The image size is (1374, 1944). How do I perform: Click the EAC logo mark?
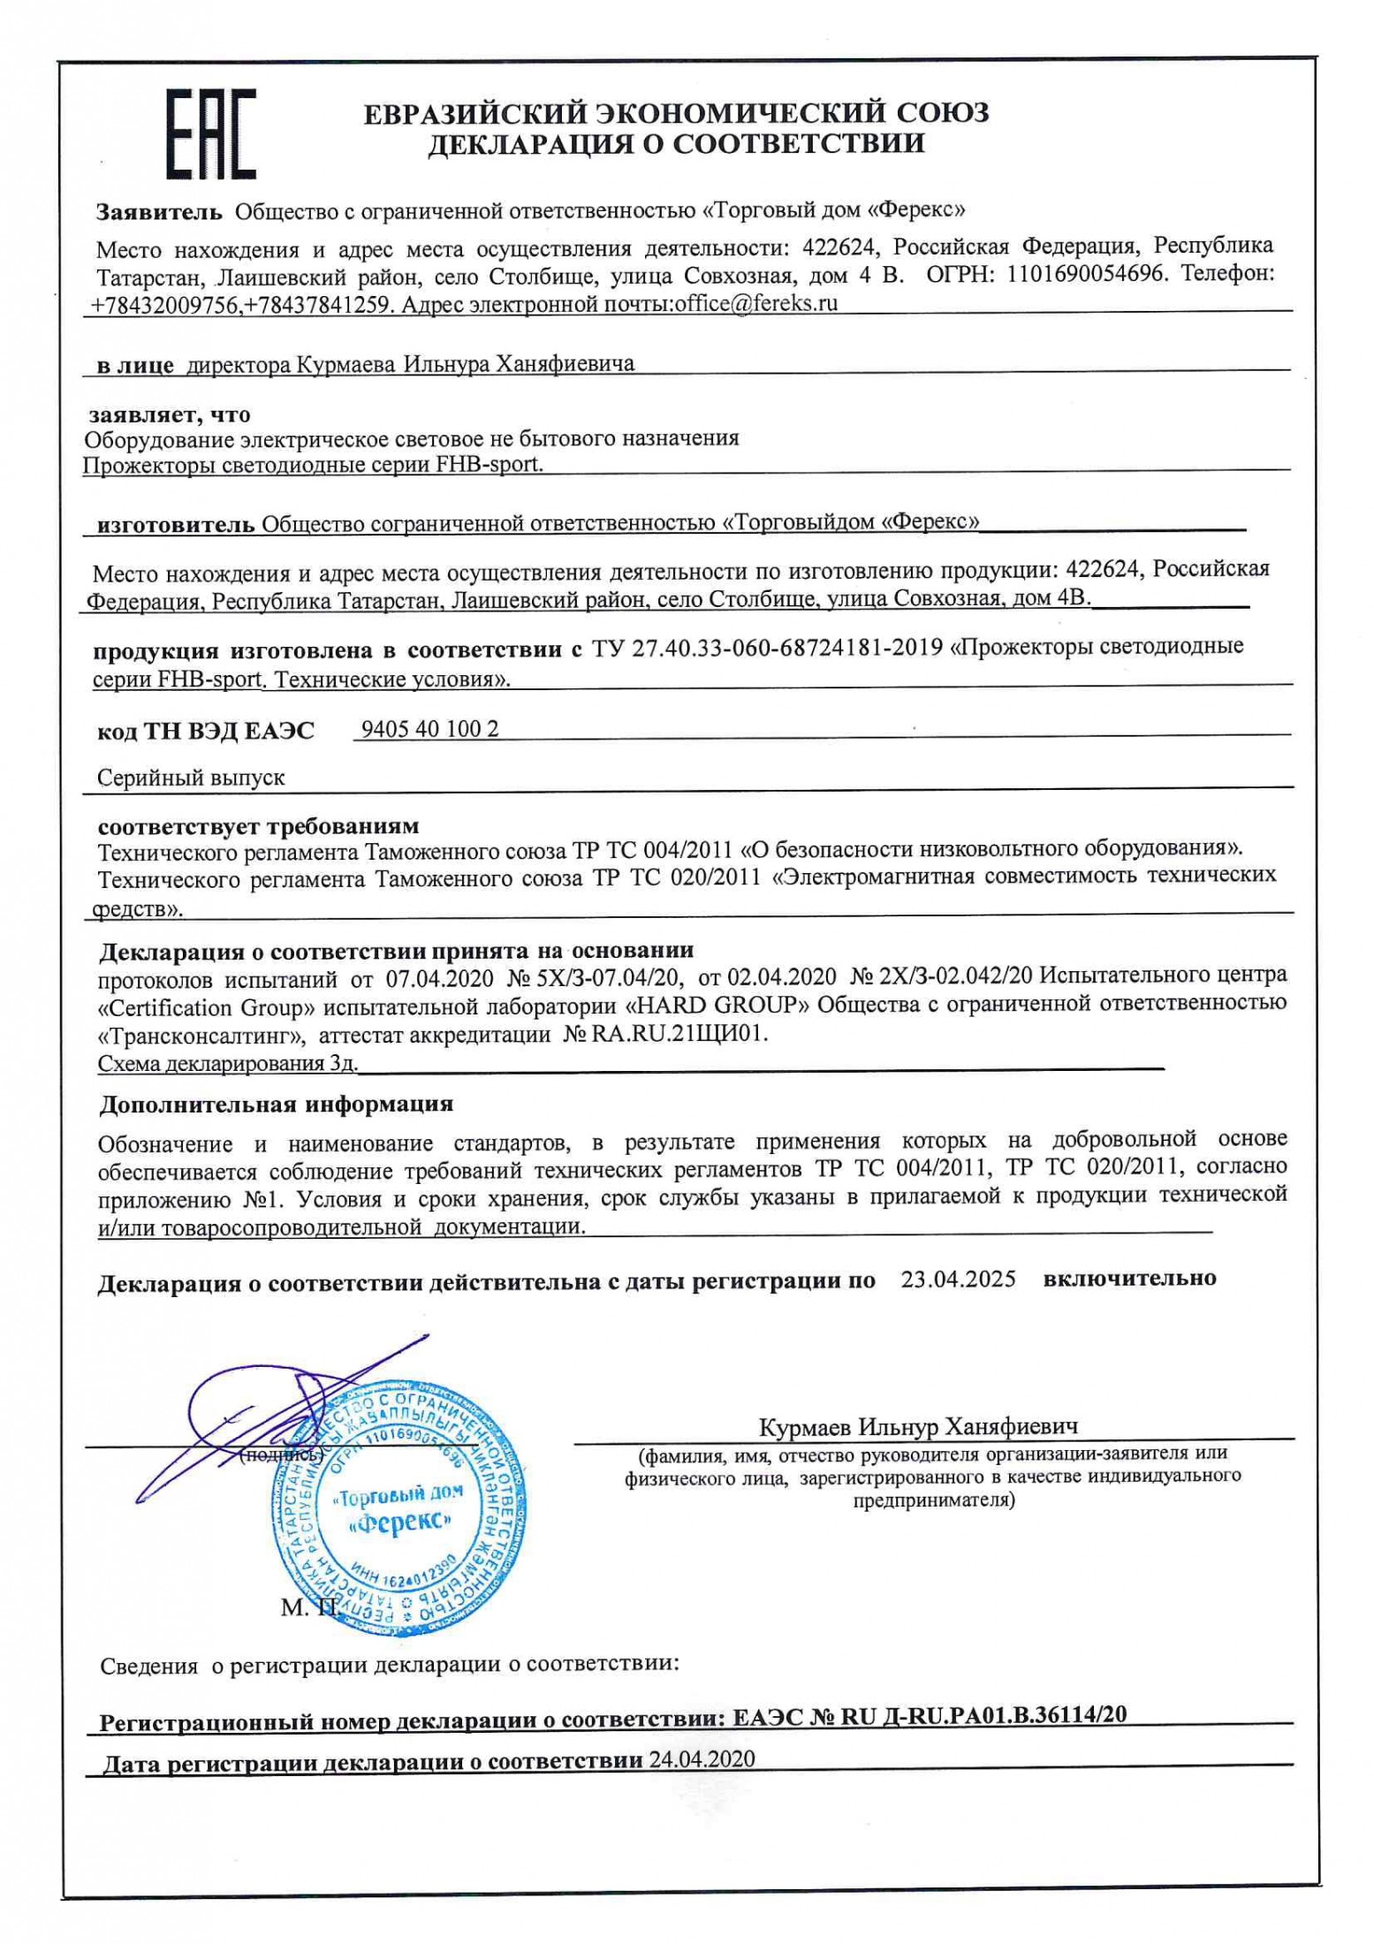coord(212,133)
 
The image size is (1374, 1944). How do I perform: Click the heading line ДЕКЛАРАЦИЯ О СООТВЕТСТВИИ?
coord(676,144)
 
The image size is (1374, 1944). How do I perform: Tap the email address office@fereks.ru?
coord(755,304)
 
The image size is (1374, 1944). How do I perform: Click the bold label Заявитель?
coord(159,211)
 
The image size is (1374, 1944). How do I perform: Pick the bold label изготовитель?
coord(175,525)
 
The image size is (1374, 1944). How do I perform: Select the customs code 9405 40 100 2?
coord(429,729)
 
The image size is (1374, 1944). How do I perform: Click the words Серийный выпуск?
coord(191,778)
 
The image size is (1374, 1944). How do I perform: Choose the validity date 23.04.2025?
coord(958,1279)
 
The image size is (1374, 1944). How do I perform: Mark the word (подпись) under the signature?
coord(281,1455)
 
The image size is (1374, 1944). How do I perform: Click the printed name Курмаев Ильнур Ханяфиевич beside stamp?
coord(917,1427)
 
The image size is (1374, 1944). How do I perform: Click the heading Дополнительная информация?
coord(276,1105)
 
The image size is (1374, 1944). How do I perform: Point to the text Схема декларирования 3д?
coord(227,1064)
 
